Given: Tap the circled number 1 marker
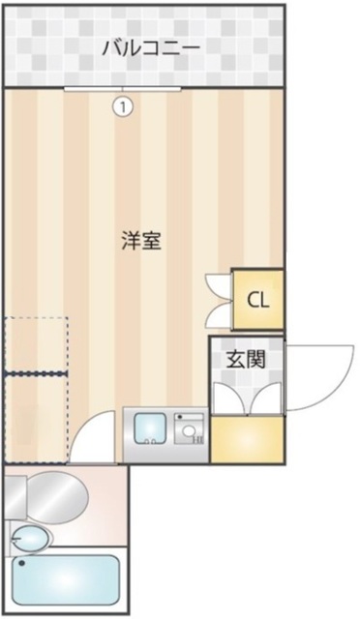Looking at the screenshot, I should [122, 106].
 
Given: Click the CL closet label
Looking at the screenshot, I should [258, 299].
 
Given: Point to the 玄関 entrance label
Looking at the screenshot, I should [247, 360].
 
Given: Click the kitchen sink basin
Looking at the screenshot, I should [149, 427].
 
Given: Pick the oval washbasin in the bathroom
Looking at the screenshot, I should [32, 538].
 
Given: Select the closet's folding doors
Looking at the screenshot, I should [219, 299].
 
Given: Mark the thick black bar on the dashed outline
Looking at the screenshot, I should [36, 372].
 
